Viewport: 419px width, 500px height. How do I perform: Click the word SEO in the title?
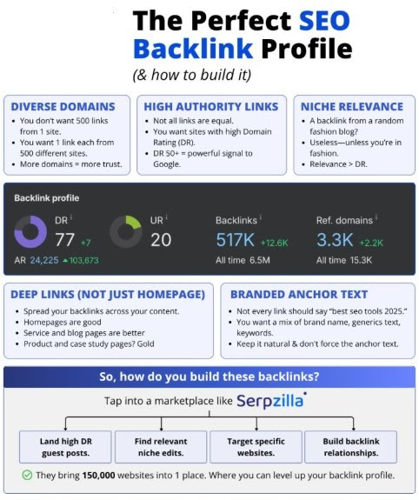pyautogui.click(x=324, y=20)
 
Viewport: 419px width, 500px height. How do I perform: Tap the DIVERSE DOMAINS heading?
pyautogui.click(x=63, y=106)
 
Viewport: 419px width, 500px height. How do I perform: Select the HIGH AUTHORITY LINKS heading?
pyautogui.click(x=211, y=106)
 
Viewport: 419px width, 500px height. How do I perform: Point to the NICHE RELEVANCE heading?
pyautogui.click(x=352, y=106)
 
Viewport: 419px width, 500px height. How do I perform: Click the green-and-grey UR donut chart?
pyautogui.click(x=134, y=222)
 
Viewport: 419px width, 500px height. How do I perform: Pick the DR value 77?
pyautogui.click(x=64, y=240)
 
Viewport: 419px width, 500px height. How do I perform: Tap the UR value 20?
pyautogui.click(x=161, y=240)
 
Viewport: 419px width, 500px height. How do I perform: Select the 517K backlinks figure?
pyautogui.click(x=236, y=240)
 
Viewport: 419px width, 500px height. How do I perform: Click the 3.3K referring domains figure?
pyautogui.click(x=335, y=240)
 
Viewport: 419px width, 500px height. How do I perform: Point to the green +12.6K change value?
pyautogui.click(x=274, y=243)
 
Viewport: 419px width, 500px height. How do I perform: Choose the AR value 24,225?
pyautogui.click(x=44, y=260)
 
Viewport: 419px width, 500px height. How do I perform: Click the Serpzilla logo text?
pyautogui.click(x=270, y=401)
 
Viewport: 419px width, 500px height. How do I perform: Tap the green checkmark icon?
pyautogui.click(x=27, y=475)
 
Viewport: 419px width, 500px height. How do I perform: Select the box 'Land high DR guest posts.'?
pyautogui.click(x=65, y=447)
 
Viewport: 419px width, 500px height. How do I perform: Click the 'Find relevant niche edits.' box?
pyautogui.click(x=161, y=447)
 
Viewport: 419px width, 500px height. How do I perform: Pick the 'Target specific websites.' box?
pyautogui.click(x=256, y=447)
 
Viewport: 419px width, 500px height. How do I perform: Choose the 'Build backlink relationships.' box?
pyautogui.click(x=351, y=447)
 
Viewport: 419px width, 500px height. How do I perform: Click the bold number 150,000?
pyautogui.click(x=98, y=475)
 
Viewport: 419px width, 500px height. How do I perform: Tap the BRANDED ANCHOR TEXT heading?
pyautogui.click(x=299, y=294)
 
